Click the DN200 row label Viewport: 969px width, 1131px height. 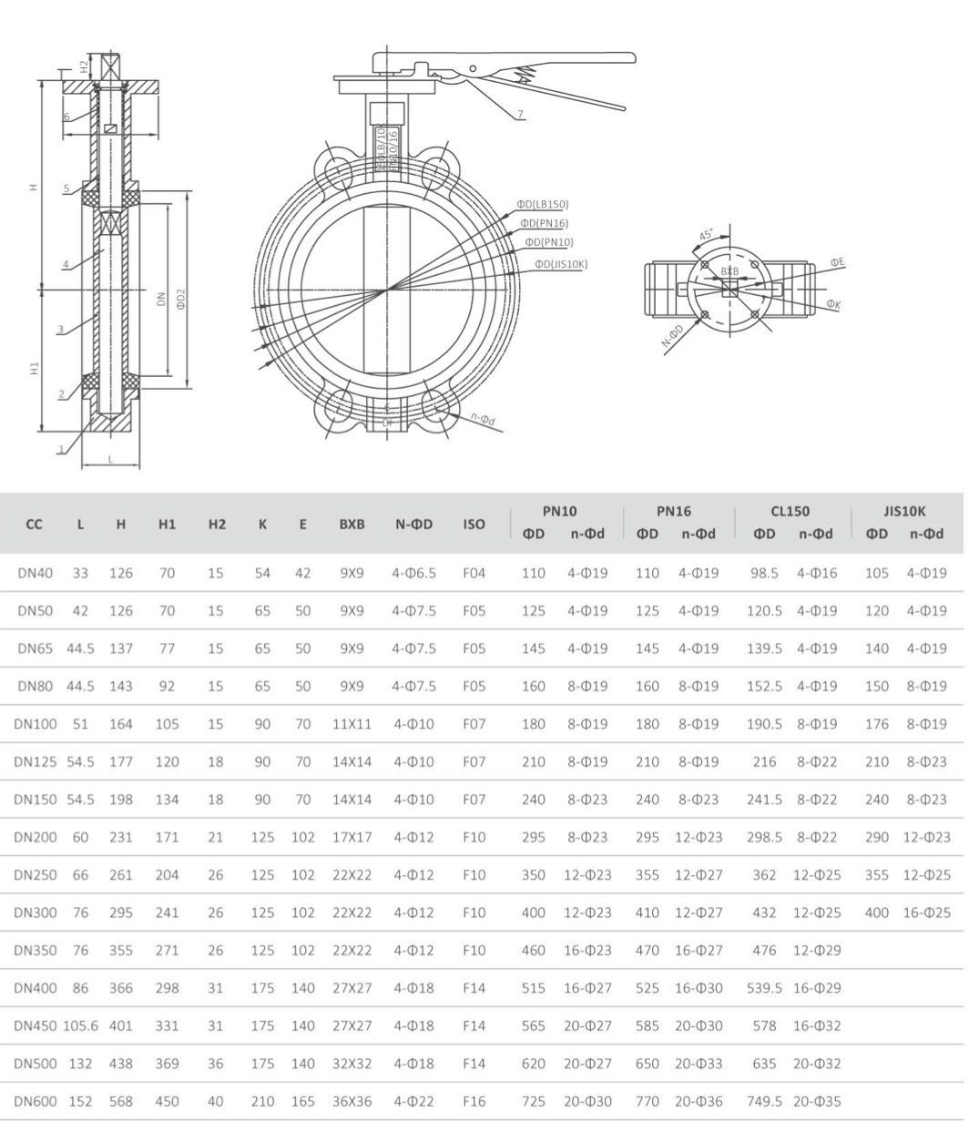tap(36, 837)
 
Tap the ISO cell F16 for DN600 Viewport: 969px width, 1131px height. tap(474, 1101)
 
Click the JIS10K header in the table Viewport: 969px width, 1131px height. tap(907, 512)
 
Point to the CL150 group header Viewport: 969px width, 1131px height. tap(790, 512)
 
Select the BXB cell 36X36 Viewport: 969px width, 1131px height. tap(352, 1101)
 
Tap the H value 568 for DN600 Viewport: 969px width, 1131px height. tap(121, 1101)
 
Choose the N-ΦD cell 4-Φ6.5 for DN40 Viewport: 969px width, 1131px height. tap(413, 573)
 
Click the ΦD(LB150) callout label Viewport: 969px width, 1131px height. tap(543, 204)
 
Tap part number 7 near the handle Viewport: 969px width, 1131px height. tap(520, 115)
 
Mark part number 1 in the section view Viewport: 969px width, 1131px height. tap(63, 449)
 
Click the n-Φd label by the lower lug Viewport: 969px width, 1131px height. tap(483, 419)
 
